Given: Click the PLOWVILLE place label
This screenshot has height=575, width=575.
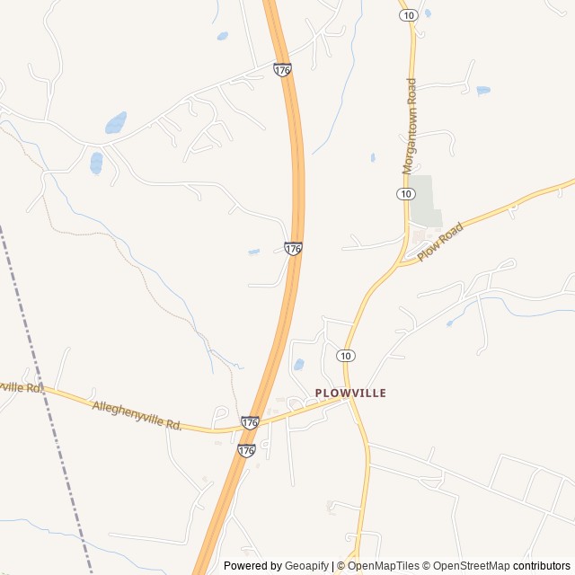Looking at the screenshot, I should pos(350,393).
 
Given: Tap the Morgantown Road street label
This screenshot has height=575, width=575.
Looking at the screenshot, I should pos(410,126).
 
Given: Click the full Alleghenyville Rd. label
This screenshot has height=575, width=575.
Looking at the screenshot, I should pos(137,416).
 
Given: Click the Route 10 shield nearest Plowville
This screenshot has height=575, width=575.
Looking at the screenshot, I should pos(346,357).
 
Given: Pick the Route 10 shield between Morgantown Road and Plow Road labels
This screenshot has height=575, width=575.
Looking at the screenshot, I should pos(405,194).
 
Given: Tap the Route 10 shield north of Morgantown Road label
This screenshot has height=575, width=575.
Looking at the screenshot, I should pos(408,15).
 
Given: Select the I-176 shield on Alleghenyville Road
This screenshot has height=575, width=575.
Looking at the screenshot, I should pos(251,422).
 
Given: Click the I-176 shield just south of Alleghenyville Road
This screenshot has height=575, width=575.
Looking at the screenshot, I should pos(246,450).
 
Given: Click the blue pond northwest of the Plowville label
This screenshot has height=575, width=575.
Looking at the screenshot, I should pos(298,365).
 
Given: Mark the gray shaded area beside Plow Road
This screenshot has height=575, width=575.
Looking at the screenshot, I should pos(424,202).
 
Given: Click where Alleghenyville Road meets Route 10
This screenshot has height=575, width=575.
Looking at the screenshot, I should pos(351,400).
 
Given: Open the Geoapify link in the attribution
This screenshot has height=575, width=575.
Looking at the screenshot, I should pos(306,566).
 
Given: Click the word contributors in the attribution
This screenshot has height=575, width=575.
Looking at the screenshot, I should pos(542,566).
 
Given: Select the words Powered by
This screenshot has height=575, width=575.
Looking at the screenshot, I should pos(252,566).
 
